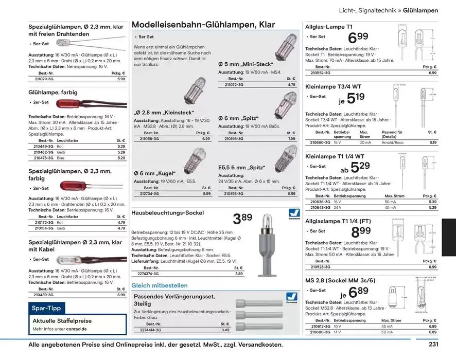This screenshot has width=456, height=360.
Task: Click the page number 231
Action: coord(433,345)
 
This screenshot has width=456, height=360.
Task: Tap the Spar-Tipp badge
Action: coord(46,308)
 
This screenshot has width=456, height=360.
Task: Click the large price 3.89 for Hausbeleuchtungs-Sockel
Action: coord(243,219)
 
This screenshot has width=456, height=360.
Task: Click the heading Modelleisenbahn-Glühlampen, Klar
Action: coord(203,25)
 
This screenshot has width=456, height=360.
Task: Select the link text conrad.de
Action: coord(77,329)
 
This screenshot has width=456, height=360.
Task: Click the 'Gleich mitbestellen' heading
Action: coord(160,285)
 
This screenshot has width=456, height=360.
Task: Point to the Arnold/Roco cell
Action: coord(392,142)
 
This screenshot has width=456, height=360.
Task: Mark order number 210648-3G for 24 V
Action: coord(321,207)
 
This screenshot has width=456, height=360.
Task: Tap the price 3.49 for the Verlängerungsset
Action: coord(225,330)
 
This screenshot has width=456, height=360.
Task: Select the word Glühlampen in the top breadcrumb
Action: coord(420,10)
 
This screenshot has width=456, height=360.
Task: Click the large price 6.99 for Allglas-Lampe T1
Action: coord(358,38)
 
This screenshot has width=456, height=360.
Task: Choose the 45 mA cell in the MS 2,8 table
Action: coord(387,326)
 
